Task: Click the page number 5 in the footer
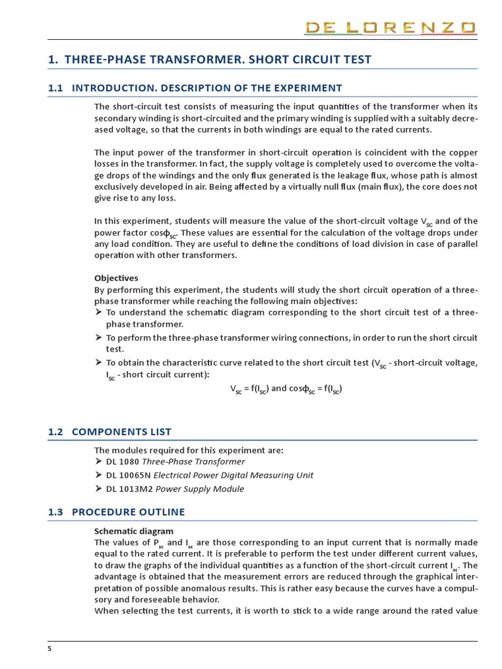(50, 649)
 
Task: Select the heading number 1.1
(56, 88)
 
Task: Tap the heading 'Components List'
(121, 432)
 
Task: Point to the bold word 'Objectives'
(116, 278)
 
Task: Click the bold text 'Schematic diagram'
(134, 531)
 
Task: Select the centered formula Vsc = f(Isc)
(248, 389)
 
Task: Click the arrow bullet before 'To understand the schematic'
(99, 312)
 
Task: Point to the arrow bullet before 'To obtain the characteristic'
(99, 362)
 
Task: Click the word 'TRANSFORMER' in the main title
(186, 60)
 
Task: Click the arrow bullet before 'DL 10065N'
(99, 475)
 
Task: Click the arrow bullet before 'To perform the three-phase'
(99, 337)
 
